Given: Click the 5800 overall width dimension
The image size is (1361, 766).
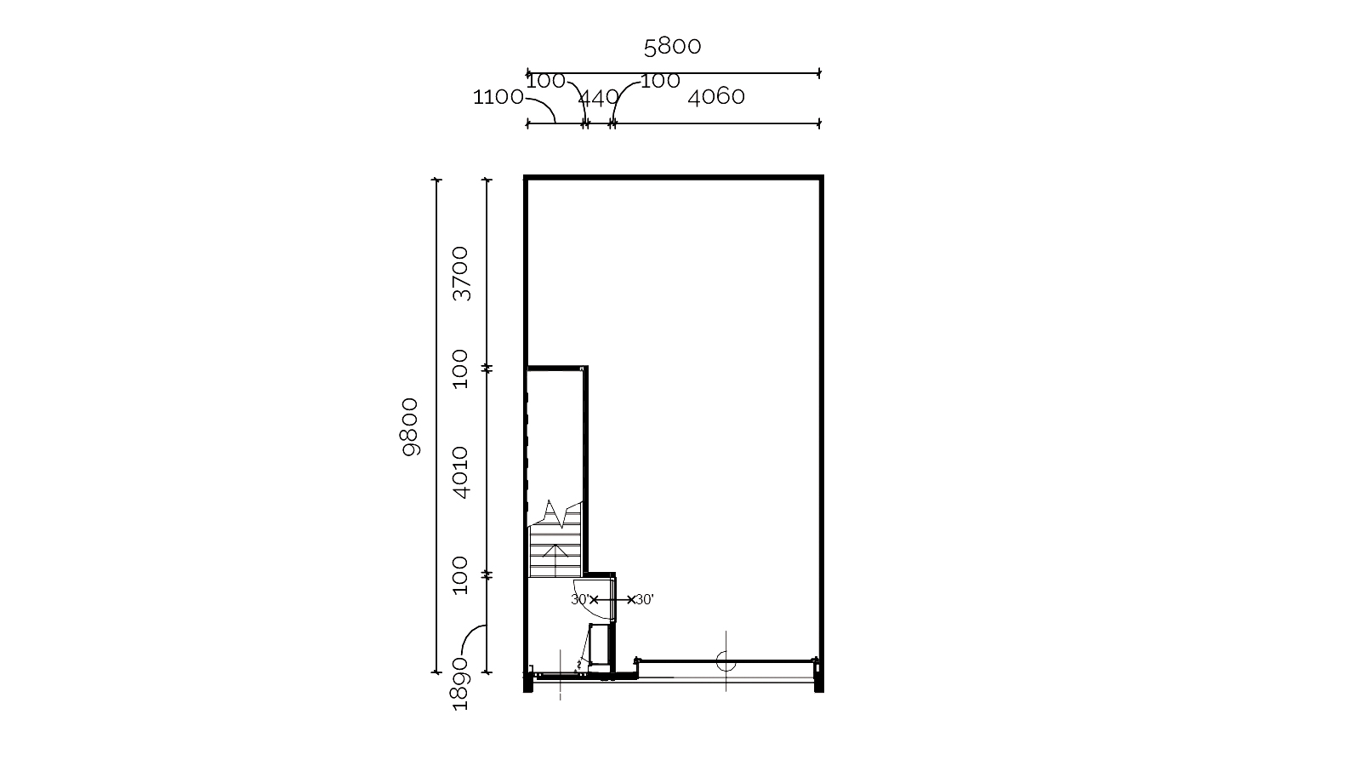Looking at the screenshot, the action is coord(672,47).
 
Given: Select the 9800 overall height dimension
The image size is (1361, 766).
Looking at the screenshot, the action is coord(411,426).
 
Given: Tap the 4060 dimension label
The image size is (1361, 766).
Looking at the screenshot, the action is coord(715,97).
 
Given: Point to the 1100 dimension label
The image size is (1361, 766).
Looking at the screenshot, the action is coord(498,97).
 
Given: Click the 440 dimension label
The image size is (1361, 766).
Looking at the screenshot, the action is coord(599,97).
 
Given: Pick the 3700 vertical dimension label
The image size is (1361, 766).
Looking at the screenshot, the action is coord(461,273).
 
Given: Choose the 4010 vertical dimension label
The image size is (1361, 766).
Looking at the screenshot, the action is coord(461,473).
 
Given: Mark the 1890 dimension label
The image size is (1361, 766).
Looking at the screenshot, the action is coord(460,683).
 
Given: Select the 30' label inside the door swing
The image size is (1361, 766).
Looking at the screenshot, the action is coord(579,599).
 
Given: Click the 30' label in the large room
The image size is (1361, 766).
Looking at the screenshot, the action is coord(645,600).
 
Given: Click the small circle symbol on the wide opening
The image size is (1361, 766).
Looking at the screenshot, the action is coord(726,660).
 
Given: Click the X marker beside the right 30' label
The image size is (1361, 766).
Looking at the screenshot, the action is coord(631,600).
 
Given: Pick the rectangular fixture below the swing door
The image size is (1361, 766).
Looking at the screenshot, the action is coord(600,644).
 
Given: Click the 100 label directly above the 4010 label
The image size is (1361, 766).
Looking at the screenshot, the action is coord(461,369).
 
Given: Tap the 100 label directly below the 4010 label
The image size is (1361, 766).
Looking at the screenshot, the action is coord(461,575).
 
